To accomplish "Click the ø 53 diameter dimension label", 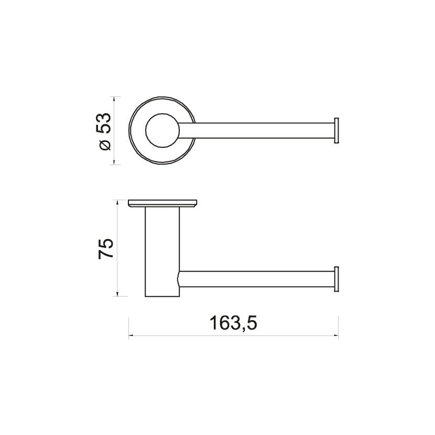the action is (105, 130).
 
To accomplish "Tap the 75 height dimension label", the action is (106, 248).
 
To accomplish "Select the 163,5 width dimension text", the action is (233, 323).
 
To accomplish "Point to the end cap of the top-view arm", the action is (336, 130).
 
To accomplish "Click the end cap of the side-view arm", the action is (336, 279).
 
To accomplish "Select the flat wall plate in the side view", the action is (162, 203).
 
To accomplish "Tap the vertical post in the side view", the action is (162, 252).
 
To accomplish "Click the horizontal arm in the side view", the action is (256, 279).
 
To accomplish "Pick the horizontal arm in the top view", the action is (256, 130).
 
